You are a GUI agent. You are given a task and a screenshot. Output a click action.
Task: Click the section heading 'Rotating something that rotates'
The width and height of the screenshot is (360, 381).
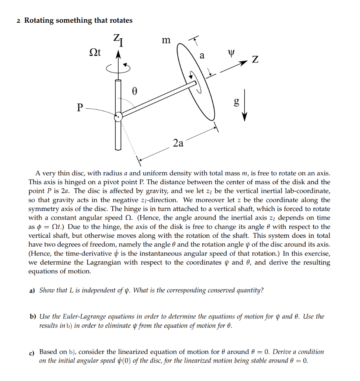point(78,20)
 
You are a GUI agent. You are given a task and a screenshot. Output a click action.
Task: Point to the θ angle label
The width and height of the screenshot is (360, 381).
point(135,90)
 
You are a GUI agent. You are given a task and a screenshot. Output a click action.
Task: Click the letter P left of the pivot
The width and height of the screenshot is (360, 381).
point(79,108)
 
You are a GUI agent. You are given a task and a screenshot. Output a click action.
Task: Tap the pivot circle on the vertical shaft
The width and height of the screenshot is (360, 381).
point(118,117)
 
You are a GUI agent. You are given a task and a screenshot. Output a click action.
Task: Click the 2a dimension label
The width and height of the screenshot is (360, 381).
point(178,143)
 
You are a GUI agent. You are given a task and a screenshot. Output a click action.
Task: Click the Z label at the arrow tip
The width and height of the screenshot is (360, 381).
point(255,60)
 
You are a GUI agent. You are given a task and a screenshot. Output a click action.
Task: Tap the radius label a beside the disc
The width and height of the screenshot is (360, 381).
point(202,56)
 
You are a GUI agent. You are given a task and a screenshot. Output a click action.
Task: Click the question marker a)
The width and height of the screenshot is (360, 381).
point(32,290)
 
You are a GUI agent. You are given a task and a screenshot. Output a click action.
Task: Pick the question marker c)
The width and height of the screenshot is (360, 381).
point(32,352)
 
